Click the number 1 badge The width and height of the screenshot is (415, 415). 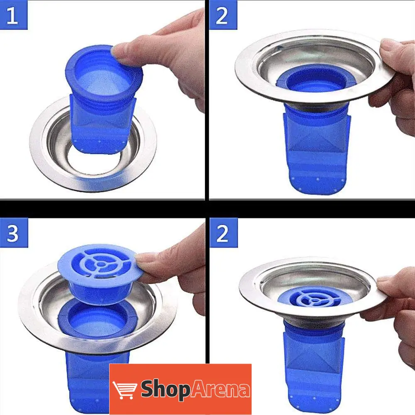[14, 15]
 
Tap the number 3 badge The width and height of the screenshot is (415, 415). [14, 233]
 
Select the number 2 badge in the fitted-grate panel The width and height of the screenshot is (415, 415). [223, 233]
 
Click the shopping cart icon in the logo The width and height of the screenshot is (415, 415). [124, 390]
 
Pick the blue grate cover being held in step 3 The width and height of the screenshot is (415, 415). [98, 275]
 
